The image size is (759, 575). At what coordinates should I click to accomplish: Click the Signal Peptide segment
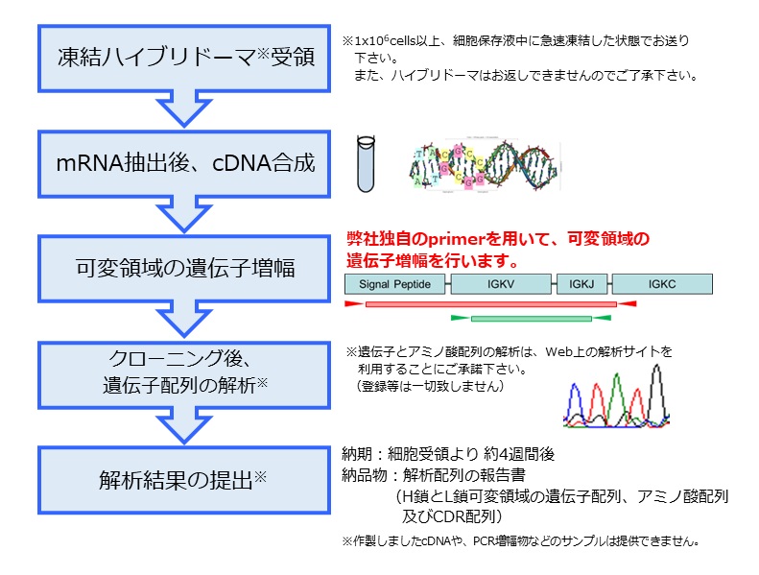393,284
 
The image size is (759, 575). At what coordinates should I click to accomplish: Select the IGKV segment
500,284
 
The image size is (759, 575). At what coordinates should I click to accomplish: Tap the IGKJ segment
582,284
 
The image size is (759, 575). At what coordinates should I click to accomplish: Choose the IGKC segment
662,284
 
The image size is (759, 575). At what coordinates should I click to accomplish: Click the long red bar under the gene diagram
490,304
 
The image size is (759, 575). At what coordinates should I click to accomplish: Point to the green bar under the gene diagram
531,318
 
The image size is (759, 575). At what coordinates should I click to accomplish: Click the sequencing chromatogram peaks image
616,394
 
